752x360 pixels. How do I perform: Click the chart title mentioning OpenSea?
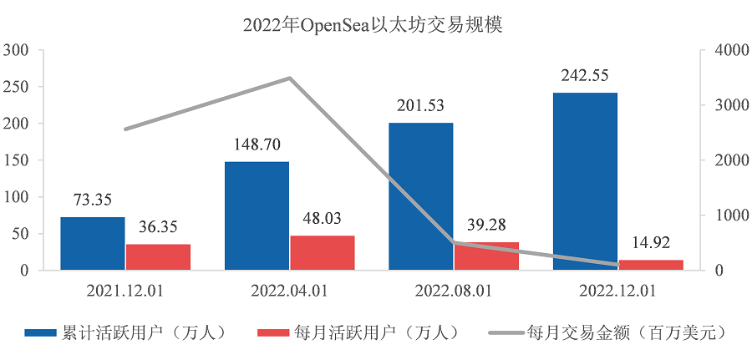point(373,25)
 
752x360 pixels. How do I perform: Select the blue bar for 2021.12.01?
point(93,244)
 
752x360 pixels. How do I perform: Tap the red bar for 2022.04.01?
point(323,252)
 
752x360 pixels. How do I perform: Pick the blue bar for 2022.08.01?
point(421,196)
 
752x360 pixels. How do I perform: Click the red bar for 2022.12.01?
point(651,265)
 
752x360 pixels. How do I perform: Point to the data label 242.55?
point(585,76)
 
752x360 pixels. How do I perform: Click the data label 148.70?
point(257,145)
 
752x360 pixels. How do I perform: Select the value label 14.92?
point(650,242)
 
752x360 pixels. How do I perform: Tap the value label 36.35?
point(158,227)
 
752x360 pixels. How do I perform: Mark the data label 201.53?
point(421,105)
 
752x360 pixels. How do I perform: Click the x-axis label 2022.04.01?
point(289,291)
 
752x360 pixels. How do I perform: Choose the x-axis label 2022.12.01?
point(617,291)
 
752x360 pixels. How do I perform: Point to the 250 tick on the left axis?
point(17,87)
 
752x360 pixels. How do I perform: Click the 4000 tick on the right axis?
point(727,50)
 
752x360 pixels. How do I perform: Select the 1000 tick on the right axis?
point(727,215)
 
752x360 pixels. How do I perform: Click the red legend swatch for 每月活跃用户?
point(273,332)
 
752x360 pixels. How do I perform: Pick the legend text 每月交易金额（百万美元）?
point(628,332)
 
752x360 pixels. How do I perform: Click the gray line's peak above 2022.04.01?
point(290,78)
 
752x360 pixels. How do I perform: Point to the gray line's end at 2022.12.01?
point(618,265)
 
